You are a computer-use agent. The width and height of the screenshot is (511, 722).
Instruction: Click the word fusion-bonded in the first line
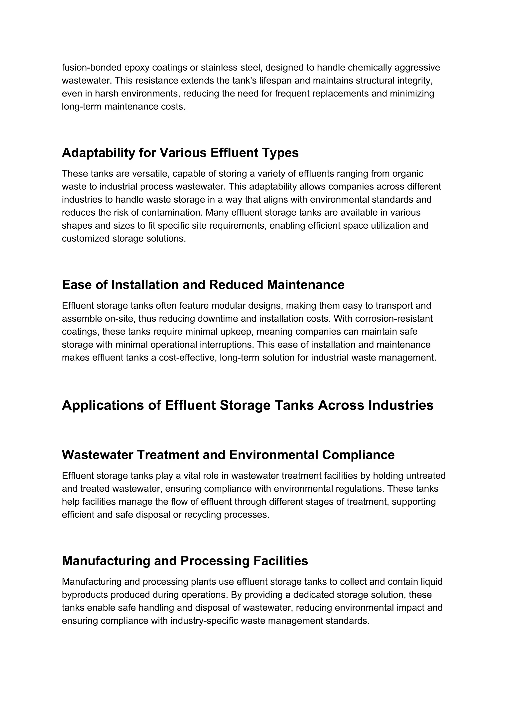tap(92, 68)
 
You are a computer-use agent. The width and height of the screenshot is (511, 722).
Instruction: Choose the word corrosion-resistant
tap(394, 319)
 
